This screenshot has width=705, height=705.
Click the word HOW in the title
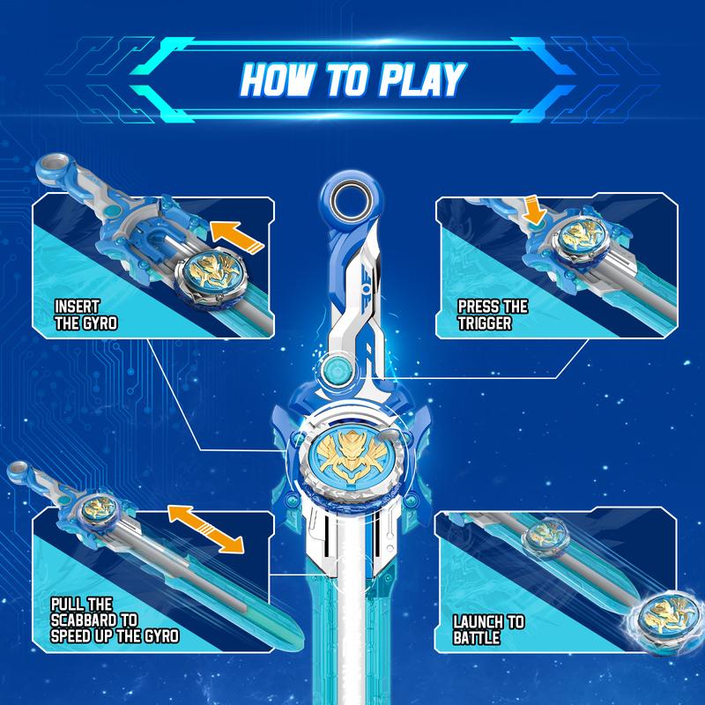(280, 79)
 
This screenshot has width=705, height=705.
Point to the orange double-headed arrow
(206, 528)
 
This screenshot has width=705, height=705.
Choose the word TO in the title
(349, 79)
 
